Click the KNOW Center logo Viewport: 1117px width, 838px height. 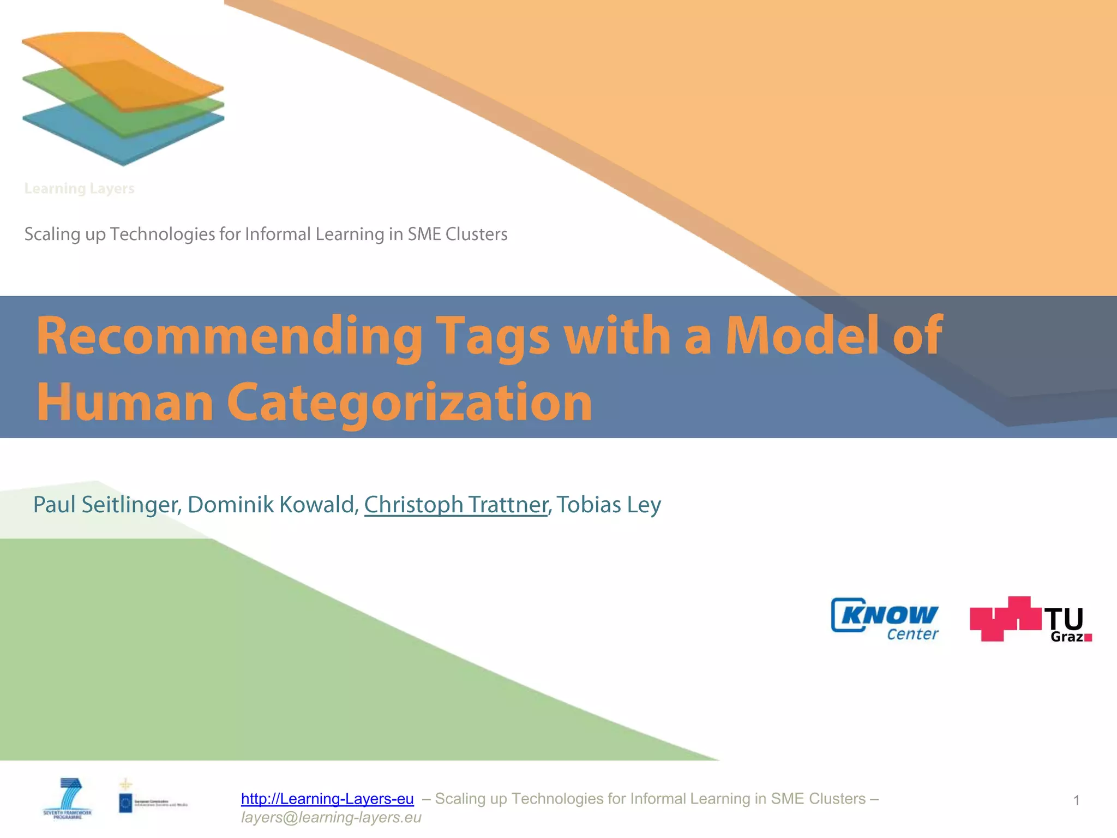click(885, 619)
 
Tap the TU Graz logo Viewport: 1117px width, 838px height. click(1030, 620)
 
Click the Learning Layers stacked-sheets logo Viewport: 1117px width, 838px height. click(123, 98)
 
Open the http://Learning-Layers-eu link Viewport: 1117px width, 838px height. click(327, 799)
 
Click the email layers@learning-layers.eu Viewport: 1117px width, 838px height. click(331, 817)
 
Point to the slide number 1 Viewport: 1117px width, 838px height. click(1076, 800)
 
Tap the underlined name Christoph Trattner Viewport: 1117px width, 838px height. click(456, 505)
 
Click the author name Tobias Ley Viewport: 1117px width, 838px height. click(609, 505)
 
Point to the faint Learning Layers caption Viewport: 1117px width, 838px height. click(79, 189)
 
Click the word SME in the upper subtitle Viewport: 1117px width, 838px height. click(424, 234)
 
